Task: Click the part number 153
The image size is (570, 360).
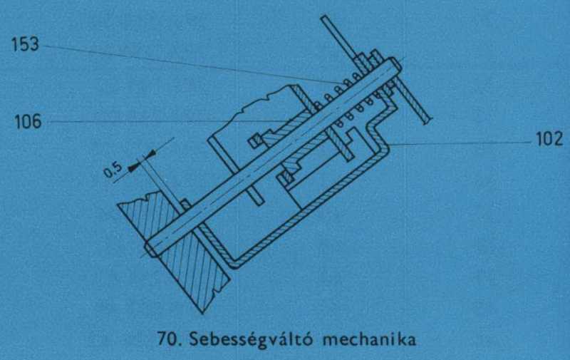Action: coord(25,45)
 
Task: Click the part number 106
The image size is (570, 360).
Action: coord(28,121)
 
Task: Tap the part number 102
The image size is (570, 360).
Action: coord(549,139)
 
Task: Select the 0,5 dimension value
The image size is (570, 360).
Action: coord(113,169)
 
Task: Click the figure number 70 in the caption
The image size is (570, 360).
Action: coord(169,339)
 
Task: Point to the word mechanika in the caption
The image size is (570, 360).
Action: coord(369,339)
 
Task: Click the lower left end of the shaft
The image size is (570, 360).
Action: coord(150,249)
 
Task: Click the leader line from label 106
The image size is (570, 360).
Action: coord(168,121)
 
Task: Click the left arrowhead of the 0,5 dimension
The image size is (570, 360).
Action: coord(134,167)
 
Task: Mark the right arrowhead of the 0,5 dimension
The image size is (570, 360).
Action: coord(150,154)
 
